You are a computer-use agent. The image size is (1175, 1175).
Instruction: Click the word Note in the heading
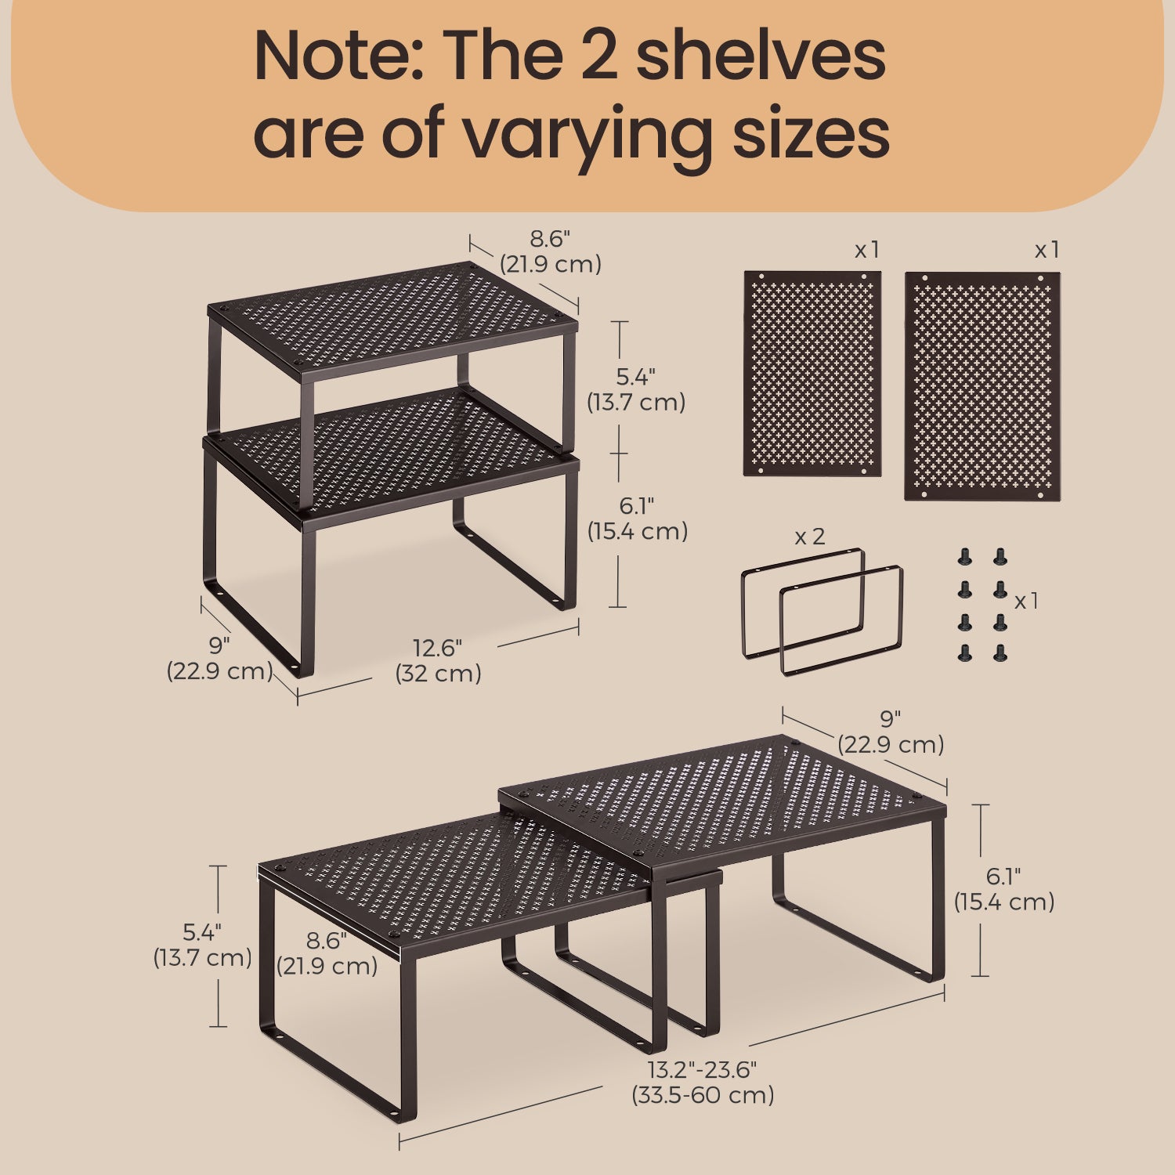(x=338, y=56)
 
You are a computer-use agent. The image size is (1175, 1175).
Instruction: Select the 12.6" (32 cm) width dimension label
(x=438, y=660)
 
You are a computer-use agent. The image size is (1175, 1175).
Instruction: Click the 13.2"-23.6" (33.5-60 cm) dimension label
(x=703, y=1082)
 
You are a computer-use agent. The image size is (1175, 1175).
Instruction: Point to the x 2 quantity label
(x=810, y=537)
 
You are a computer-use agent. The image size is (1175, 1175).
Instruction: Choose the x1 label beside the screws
(x=1026, y=601)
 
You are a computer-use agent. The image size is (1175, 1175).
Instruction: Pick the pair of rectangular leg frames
(x=822, y=611)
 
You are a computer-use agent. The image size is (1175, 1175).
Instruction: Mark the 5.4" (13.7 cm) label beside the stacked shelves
(x=636, y=389)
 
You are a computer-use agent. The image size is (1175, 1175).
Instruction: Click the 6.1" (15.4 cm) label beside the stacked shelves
(x=638, y=518)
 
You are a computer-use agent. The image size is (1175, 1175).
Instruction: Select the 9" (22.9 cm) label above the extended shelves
(x=891, y=732)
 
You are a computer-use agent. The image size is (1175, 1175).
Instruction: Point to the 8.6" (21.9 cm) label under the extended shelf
(x=327, y=953)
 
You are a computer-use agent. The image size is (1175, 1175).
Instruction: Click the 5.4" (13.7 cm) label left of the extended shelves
(x=202, y=945)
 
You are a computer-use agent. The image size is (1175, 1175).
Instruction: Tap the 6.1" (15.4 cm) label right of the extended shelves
(x=1004, y=889)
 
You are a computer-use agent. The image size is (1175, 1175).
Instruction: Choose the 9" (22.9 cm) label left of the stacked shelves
(x=219, y=658)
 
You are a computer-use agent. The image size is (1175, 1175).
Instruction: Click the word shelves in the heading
(x=761, y=56)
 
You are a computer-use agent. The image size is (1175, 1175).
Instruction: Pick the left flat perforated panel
(x=812, y=374)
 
